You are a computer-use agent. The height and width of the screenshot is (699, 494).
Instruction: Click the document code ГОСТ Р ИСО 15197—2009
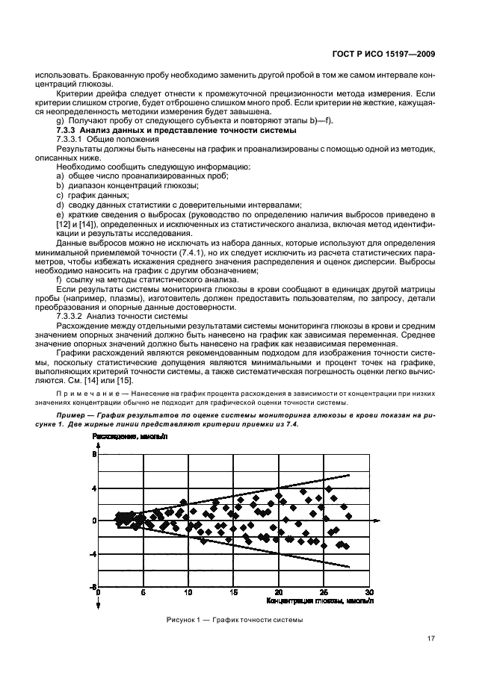point(383,53)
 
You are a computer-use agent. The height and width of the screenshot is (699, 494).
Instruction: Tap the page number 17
point(431,638)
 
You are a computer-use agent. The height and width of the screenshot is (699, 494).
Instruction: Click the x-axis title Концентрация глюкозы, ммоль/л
point(319,599)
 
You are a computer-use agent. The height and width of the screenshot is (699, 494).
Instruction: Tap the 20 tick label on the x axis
point(279,591)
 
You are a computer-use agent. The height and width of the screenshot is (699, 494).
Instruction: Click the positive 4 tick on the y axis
point(94,488)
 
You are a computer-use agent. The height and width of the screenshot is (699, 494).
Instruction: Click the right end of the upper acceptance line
point(348,474)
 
